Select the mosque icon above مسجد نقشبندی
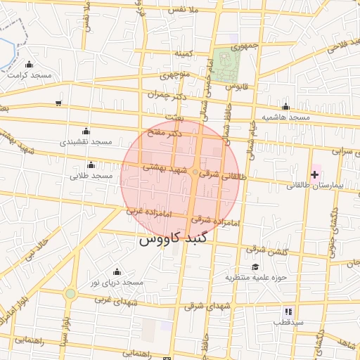coord(86,131)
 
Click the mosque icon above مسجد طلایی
coord(91,165)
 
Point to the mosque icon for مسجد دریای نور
coord(117,272)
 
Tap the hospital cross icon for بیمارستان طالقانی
coord(314,173)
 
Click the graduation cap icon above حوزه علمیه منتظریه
coord(256,266)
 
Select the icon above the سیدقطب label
coord(288,311)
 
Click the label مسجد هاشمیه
coord(286,117)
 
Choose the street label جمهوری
coord(235,46)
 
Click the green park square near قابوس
coord(227,65)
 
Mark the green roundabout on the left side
coord(70,294)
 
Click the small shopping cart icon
coord(58,103)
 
